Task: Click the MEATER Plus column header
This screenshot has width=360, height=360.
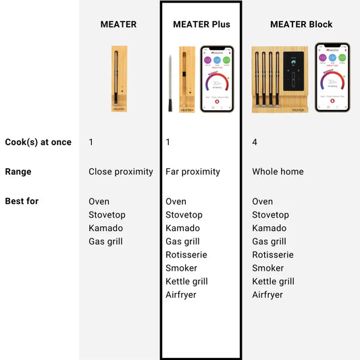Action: point(201,24)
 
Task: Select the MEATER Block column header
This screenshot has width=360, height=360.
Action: point(301,24)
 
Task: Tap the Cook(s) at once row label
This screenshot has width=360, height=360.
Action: point(38,143)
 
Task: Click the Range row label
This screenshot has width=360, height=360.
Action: point(18,172)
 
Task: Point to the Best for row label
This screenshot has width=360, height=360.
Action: point(22,201)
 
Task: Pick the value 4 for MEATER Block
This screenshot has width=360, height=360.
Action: point(255,143)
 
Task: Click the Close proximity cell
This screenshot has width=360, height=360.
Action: point(121,172)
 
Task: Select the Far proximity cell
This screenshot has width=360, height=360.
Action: point(192,172)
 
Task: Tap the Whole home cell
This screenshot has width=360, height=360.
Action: point(278,172)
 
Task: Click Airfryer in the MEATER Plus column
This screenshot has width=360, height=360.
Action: point(181,294)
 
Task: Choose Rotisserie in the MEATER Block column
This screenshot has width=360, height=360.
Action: point(273,255)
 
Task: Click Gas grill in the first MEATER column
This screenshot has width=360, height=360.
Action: point(105,241)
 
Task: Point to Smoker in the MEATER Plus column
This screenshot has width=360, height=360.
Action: point(181,268)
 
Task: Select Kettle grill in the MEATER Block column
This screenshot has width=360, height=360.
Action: point(274,281)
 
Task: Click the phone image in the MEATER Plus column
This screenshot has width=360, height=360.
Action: point(217,78)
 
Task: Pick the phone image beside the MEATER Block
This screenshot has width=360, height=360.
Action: point(332,77)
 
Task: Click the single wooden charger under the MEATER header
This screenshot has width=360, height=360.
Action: point(119,78)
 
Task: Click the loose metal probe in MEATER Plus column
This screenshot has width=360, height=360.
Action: point(170,83)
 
